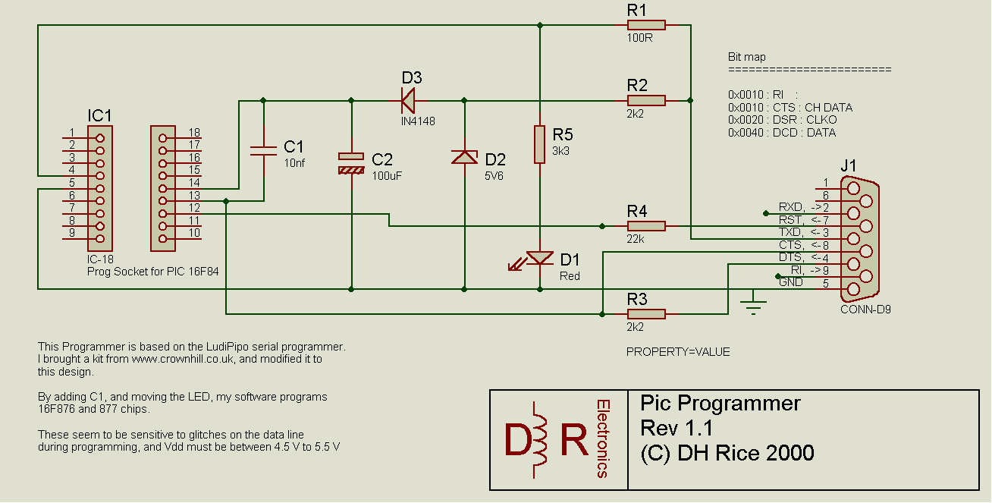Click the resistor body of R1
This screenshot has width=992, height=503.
coord(646,25)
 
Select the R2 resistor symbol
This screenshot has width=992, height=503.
coord(646,101)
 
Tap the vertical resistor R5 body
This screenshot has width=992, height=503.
coord(539,144)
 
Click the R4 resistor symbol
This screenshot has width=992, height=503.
coord(646,226)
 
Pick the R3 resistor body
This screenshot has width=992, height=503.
coord(646,314)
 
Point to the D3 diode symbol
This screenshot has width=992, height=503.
coord(408,101)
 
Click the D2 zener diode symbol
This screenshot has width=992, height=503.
coord(464,157)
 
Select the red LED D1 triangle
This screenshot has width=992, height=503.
coord(539,257)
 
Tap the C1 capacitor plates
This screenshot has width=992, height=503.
coord(263,151)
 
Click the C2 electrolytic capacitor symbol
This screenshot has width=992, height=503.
coord(351,163)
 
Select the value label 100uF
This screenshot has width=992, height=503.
coord(387,176)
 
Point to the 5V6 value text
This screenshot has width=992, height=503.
coord(494,176)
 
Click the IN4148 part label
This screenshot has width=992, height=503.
coord(418,121)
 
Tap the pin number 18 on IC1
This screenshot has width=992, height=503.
coord(194,133)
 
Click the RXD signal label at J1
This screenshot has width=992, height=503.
coord(790,207)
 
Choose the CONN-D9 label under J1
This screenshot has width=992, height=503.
coord(865,310)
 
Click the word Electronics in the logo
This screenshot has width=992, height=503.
coord(603,439)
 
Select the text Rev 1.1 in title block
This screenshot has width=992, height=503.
coord(677,428)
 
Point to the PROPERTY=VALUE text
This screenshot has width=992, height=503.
coord(678,352)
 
